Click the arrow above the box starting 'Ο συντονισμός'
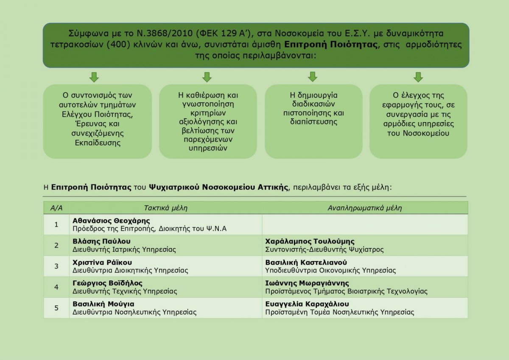pyautogui.click(x=94, y=77)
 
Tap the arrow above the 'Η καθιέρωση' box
pyautogui.click(x=207, y=77)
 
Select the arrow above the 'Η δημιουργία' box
pyautogui.click(x=313, y=77)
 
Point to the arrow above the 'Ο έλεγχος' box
pyautogui.click(x=418, y=77)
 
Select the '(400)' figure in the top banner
pyautogui.click(x=118, y=45)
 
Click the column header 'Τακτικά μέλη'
pyautogui.click(x=166, y=208)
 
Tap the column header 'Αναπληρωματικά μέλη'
pyautogui.click(x=365, y=208)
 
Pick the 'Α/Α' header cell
pyautogui.click(x=56, y=208)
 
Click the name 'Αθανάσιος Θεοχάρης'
pyautogui.click(x=111, y=220)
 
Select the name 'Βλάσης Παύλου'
pyautogui.click(x=101, y=241)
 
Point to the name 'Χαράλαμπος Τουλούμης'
pyautogui.click(x=310, y=241)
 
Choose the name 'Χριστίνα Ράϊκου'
pyautogui.click(x=102, y=262)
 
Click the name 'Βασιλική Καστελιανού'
pyautogui.click(x=306, y=262)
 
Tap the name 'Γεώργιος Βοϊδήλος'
pyautogui.click(x=107, y=283)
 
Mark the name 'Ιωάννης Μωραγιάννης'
pyautogui.click(x=307, y=283)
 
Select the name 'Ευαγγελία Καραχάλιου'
pyautogui.click(x=307, y=304)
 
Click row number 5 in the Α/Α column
pyautogui.click(x=56, y=308)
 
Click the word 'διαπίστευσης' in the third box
pyautogui.click(x=313, y=122)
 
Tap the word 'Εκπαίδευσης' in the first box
pyautogui.click(x=98, y=143)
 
